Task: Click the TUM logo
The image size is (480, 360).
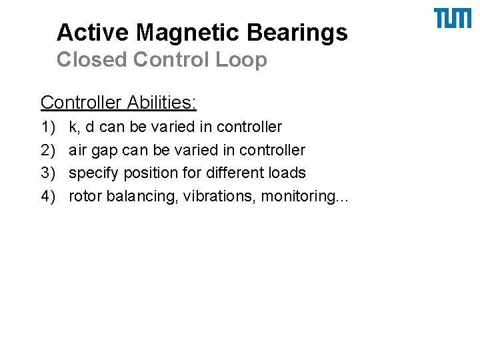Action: tap(452, 19)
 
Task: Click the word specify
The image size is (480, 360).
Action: tap(92, 173)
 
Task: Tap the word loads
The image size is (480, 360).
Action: tap(288, 173)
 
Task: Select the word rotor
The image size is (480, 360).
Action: tap(85, 197)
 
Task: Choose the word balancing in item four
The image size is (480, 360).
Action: tap(140, 197)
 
